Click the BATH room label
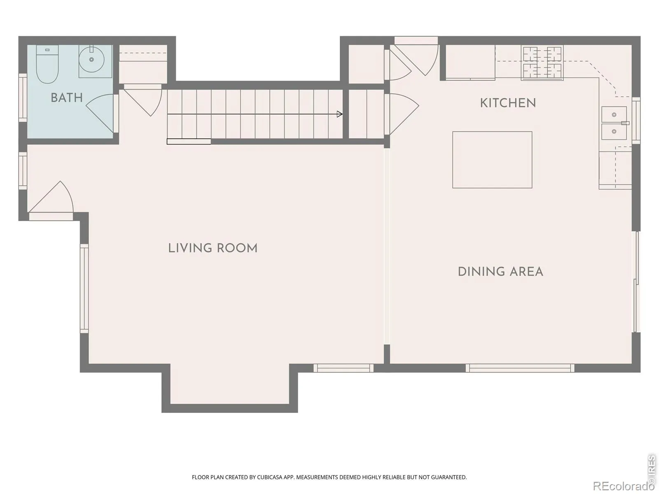67,98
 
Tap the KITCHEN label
508,103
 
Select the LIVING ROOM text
213,248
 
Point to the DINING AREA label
500,272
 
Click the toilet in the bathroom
47,64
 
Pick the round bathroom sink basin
91,59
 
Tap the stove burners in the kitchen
542,63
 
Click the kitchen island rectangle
492,160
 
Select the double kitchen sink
614,123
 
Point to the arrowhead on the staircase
339,114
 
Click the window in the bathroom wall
23,98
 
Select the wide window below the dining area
520,368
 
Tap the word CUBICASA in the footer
269,477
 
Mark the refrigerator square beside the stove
470,63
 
